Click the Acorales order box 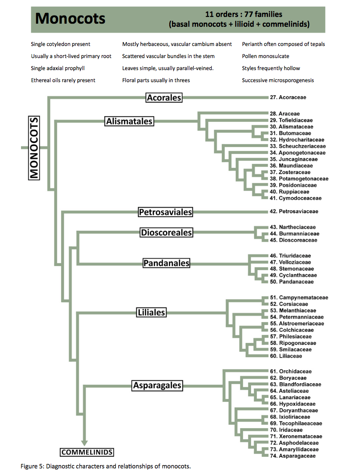click(164, 97)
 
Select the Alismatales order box click(130, 121)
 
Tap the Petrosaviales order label click(165, 212)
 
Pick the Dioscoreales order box click(166, 233)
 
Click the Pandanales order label click(166, 263)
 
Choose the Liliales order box click(151, 313)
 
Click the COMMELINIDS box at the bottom click(87, 452)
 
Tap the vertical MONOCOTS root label click(34, 148)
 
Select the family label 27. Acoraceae click(288, 97)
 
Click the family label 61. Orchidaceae click(291, 371)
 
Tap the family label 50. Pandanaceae click(291, 282)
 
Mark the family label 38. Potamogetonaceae click(299, 179)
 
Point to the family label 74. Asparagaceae click(293, 456)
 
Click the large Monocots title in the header click(70, 18)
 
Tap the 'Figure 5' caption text click(105, 466)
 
